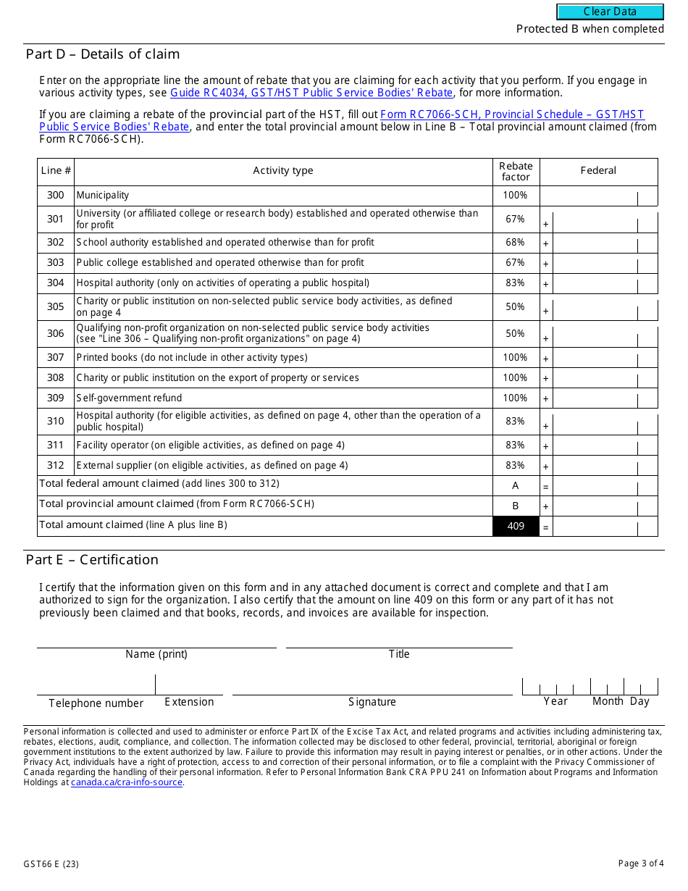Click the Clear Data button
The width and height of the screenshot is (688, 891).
[610, 12]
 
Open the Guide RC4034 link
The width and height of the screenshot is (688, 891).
[311, 93]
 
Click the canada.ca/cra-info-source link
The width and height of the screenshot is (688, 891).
[127, 782]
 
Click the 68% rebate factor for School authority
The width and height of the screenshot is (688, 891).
[516, 243]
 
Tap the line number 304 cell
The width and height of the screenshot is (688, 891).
[56, 283]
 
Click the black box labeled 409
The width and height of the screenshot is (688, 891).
[516, 526]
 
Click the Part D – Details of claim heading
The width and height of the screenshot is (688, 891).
[103, 54]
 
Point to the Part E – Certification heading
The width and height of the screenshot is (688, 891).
[92, 560]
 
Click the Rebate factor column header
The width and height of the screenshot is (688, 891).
[516, 172]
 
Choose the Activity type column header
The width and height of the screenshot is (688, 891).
[283, 171]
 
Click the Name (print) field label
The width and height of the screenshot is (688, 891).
[156, 654]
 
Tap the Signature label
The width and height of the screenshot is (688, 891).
[372, 702]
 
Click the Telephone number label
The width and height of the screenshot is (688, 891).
[96, 703]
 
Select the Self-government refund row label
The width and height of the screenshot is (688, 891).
[130, 398]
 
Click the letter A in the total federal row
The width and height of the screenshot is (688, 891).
[516, 486]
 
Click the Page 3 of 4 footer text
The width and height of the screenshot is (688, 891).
[640, 863]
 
